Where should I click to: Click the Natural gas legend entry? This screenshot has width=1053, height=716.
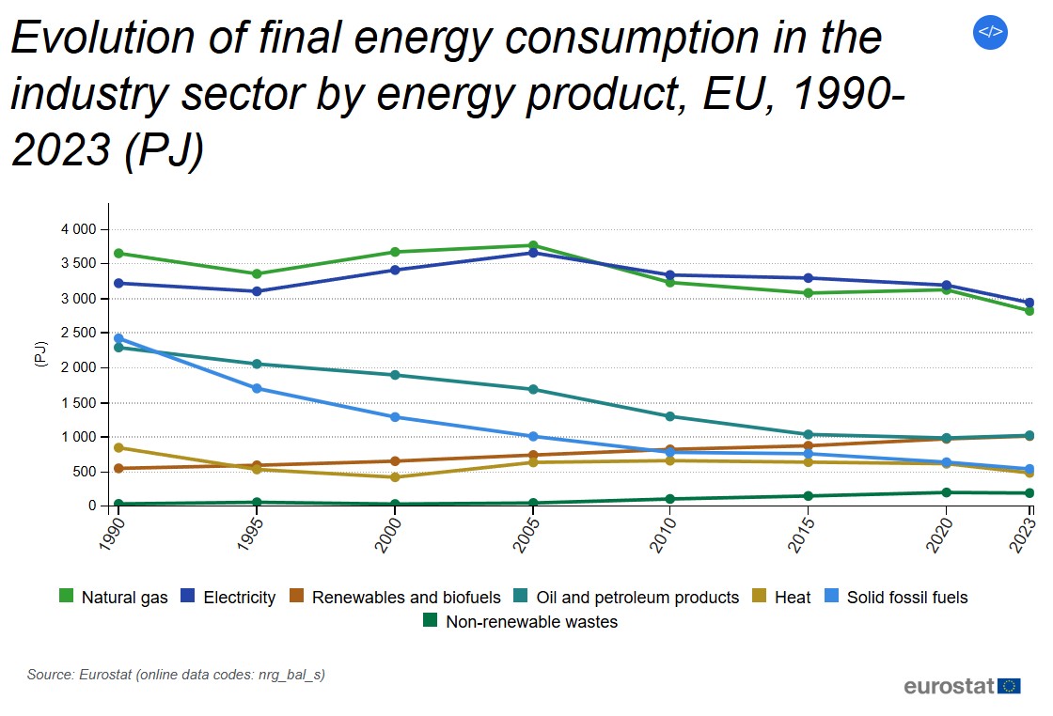pyautogui.click(x=113, y=597)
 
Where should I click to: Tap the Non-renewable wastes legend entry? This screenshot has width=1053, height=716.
pyautogui.click(x=521, y=621)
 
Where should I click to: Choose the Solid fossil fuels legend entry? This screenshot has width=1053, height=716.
pyautogui.click(x=896, y=597)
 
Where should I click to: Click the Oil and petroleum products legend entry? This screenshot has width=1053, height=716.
pyautogui.click(x=626, y=597)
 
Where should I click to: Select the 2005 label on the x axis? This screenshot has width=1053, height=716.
pyautogui.click(x=528, y=532)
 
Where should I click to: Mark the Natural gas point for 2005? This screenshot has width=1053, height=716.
pyautogui.click(x=533, y=246)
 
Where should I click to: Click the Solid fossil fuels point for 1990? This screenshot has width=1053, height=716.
pyautogui.click(x=118, y=338)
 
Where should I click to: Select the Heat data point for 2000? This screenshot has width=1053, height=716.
pyautogui.click(x=395, y=477)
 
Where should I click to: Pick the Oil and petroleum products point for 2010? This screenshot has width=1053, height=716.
pyautogui.click(x=670, y=416)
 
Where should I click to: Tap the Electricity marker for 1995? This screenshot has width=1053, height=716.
pyautogui.click(x=257, y=291)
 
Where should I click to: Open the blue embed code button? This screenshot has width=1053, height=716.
pyautogui.click(x=990, y=32)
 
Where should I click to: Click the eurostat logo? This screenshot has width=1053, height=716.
pyautogui.click(x=961, y=686)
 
